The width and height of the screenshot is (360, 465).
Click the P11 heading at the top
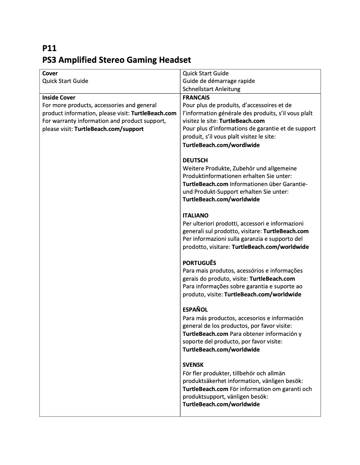49,48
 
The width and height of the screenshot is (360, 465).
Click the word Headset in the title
173,60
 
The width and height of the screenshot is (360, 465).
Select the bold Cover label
50,73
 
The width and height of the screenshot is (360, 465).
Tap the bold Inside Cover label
59,97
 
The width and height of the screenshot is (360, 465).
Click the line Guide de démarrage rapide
219,81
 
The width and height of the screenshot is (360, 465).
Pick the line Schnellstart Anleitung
211,89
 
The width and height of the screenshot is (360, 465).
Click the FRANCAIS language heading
196,97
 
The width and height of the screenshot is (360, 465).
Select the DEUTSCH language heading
195,160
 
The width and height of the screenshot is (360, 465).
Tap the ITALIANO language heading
196,215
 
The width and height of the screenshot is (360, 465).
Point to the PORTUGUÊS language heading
199,263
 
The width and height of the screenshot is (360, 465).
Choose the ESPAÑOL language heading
195,310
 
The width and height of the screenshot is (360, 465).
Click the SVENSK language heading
193,365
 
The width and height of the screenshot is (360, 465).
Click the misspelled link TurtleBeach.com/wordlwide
221,145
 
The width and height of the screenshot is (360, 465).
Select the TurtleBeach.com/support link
109,129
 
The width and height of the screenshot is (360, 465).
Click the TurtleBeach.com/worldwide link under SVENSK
221,404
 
